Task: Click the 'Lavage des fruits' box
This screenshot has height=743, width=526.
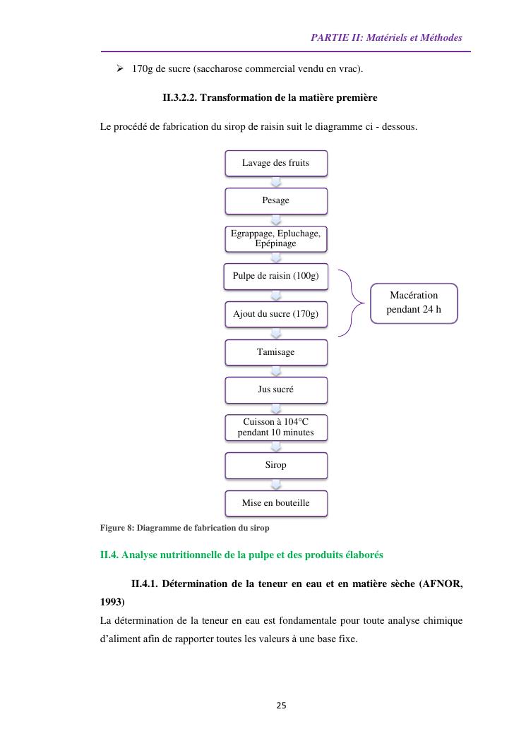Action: point(276,163)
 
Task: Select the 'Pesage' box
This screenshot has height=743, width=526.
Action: point(276,200)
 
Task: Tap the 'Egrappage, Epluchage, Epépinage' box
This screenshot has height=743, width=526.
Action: point(276,238)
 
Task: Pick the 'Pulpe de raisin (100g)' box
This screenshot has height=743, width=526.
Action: point(276,277)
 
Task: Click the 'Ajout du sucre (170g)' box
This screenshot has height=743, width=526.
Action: point(276,314)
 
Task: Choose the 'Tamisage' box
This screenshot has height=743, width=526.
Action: point(276,352)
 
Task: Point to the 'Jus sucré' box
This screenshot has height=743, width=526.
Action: point(276,389)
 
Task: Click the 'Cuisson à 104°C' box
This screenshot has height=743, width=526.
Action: point(276,428)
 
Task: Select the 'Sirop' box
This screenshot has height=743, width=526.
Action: point(276,465)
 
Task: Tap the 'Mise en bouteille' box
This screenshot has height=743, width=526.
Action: point(276,503)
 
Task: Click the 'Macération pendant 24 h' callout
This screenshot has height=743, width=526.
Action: point(414,303)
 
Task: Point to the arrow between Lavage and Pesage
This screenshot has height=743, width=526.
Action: point(276,182)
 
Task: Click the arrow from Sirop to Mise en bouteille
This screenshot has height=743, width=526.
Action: point(276,484)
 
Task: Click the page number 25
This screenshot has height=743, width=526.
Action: point(281,706)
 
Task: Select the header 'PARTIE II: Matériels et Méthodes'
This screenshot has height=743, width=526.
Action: point(386,37)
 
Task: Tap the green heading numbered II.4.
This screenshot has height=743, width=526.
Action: point(241,555)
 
